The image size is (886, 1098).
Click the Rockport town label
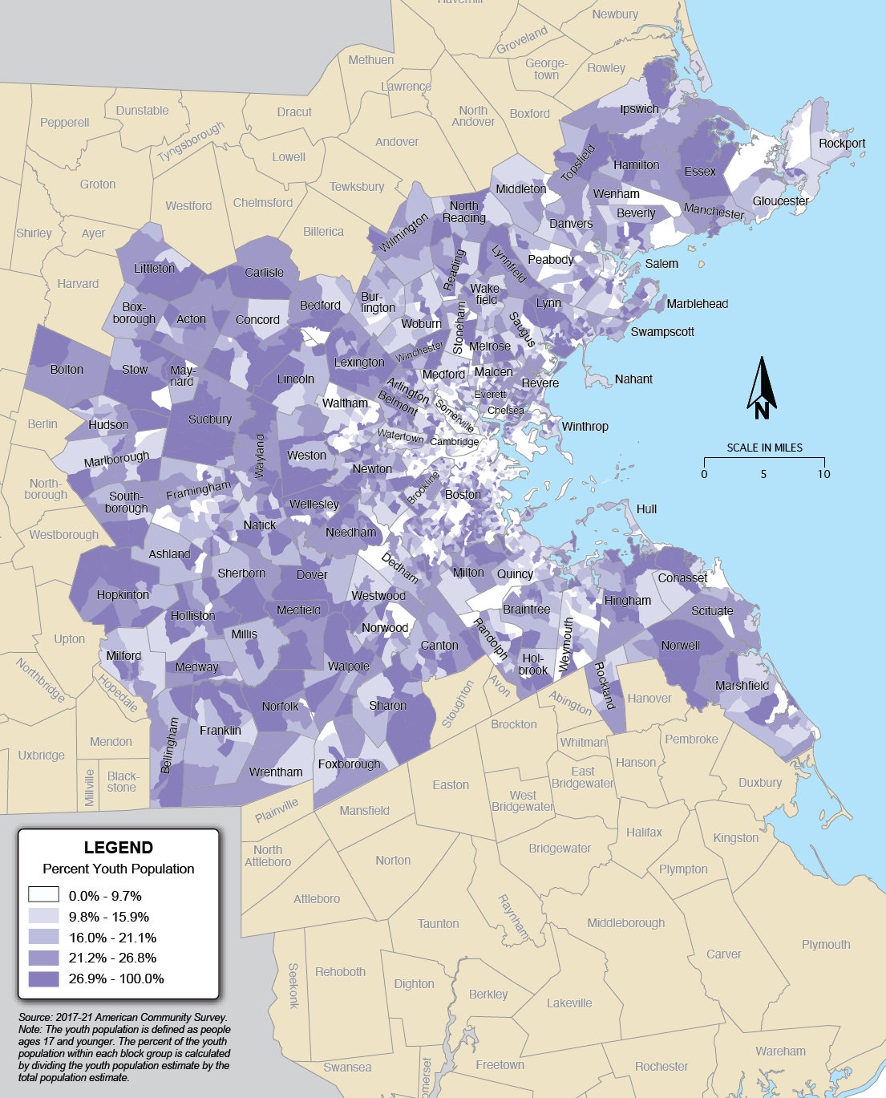coord(842,144)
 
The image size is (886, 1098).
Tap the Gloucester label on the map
coord(780,201)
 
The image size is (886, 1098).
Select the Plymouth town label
coord(826,945)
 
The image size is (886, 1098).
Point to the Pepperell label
coord(65,123)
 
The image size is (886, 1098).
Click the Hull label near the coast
coord(646,509)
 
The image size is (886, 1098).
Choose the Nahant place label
coord(633,379)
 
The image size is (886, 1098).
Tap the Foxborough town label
coord(349,764)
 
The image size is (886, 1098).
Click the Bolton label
coord(67,370)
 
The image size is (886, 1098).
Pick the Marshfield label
coord(742,686)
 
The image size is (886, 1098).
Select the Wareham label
coord(780,1051)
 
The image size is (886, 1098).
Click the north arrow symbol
coord(762,388)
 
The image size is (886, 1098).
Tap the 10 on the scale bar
coord(824,474)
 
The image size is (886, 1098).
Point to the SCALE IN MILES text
coord(764,448)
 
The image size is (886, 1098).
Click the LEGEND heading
coord(119,848)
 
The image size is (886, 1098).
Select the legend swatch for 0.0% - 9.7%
coord(43,895)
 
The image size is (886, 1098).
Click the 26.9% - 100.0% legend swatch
coord(43,978)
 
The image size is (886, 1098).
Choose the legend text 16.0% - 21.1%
coord(112,938)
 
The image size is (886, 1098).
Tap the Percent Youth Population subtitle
coord(119,869)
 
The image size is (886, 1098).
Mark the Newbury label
coord(615,14)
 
